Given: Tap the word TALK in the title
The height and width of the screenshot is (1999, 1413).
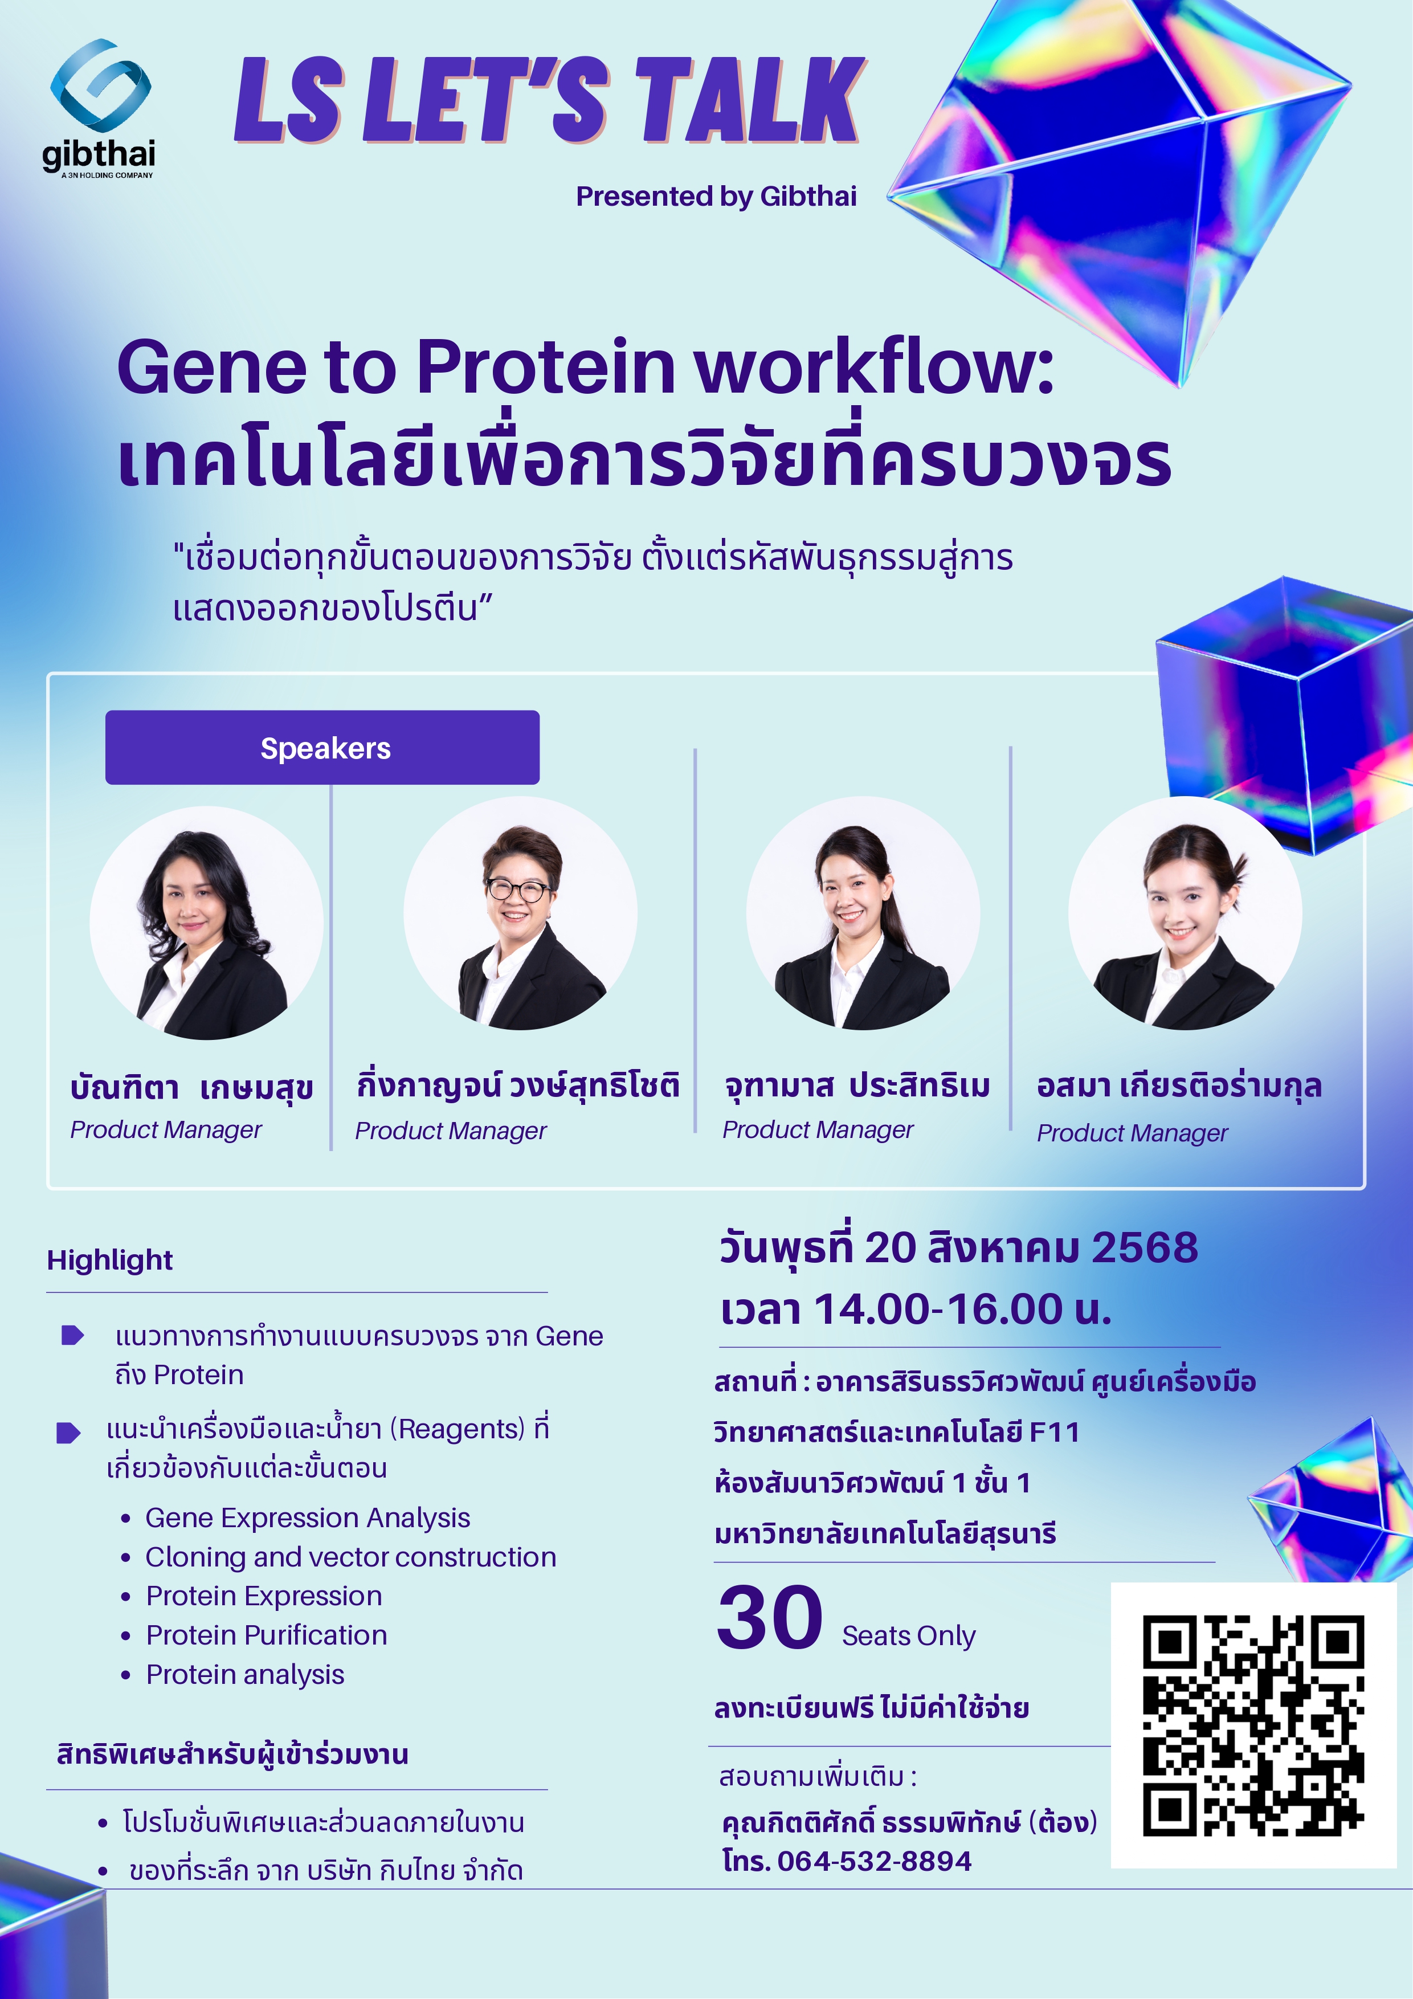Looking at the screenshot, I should pos(750,100).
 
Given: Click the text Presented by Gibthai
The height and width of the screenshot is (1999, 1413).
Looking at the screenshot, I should pos(716,196).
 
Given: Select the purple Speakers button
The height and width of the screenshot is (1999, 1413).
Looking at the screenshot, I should pos(322,747).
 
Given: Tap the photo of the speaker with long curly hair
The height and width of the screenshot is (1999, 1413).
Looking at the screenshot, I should pos(206,923).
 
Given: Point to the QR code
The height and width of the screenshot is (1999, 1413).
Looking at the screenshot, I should pos(1253,1725).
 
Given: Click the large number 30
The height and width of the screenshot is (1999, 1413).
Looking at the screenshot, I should pos(770,1618).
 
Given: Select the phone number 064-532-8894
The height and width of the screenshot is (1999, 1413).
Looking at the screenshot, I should pos(873,1861).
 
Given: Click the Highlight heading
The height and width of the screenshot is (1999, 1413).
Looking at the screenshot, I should pos(110,1260).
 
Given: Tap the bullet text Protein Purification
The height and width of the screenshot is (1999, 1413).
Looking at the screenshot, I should pos(267,1634).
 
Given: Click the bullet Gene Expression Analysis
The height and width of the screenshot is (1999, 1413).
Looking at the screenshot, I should pos(307,1517).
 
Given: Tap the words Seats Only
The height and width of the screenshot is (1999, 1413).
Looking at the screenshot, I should pos(908,1635).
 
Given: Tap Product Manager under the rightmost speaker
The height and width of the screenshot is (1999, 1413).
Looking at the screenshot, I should pos(1132,1133).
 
